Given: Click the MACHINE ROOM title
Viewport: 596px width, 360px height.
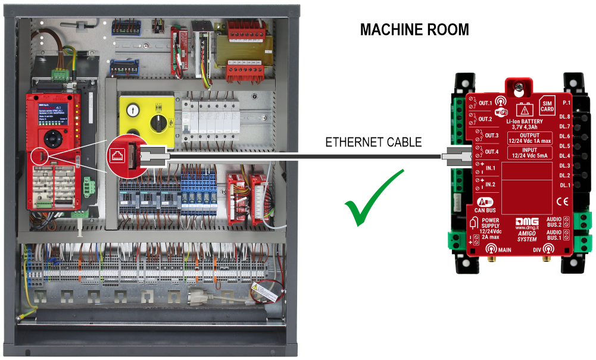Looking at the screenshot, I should [414, 30].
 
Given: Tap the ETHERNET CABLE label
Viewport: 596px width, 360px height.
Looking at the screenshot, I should [373, 143].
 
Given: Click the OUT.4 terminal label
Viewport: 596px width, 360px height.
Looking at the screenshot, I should [492, 151].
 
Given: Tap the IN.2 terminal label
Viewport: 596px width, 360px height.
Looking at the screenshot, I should [490, 185].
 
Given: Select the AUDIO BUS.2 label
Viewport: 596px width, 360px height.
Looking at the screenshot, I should [553, 222].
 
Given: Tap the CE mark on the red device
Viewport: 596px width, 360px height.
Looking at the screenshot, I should [562, 201].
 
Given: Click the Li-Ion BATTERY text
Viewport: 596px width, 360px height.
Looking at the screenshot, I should [522, 121].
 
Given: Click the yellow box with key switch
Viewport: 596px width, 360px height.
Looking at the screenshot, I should [145, 120].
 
